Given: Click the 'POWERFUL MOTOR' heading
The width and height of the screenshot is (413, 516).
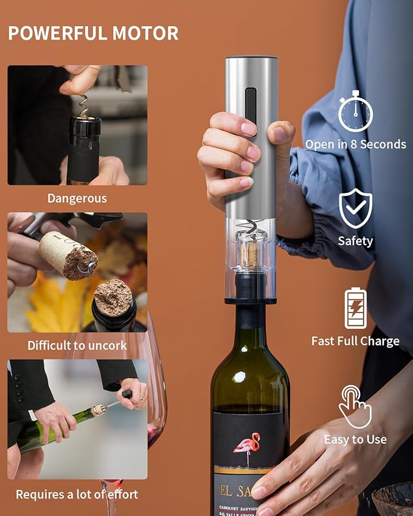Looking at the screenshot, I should (x=93, y=33).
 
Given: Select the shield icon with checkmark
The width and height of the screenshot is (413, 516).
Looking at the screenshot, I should (x=355, y=208).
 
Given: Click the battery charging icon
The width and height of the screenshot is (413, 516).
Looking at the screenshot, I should (x=355, y=309).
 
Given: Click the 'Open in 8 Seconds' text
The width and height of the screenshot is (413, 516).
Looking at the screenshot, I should (x=355, y=145).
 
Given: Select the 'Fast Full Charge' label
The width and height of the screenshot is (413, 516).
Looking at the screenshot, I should (x=355, y=341).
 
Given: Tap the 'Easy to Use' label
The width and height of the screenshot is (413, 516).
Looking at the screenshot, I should (x=355, y=439).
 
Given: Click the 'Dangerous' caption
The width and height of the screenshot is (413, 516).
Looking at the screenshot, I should (x=77, y=198).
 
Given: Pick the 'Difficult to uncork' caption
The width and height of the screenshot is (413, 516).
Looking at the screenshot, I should (x=77, y=345).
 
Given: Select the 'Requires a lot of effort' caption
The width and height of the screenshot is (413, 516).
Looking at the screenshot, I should (x=77, y=494).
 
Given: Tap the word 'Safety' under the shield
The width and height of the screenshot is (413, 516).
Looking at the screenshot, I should (x=355, y=241).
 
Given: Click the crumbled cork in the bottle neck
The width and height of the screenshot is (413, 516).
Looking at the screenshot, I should (x=113, y=298).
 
